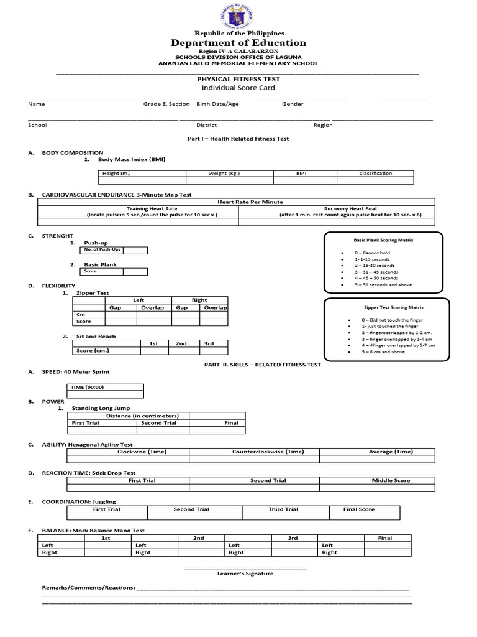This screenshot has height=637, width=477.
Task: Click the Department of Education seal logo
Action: [238, 16]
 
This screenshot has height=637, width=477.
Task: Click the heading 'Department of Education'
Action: [239, 43]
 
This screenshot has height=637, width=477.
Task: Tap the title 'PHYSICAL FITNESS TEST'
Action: [238, 79]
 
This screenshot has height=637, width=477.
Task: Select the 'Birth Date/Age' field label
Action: [217, 104]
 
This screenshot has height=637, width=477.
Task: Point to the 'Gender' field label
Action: [293, 104]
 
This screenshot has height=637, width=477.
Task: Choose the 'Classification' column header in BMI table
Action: [375, 174]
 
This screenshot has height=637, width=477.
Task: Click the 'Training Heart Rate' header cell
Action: [152, 209]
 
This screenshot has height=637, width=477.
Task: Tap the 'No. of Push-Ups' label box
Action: [99, 249]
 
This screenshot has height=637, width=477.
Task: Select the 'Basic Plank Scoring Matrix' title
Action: [383, 239]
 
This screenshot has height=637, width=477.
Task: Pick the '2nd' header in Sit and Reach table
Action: [181, 343]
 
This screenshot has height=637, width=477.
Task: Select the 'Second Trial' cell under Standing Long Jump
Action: [159, 423]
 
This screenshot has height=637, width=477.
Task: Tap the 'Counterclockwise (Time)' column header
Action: [268, 452]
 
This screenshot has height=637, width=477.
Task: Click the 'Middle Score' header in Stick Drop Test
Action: [391, 480]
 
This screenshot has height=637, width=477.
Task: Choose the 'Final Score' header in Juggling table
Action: [359, 509]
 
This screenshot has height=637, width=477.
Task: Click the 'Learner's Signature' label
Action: [245, 574]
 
